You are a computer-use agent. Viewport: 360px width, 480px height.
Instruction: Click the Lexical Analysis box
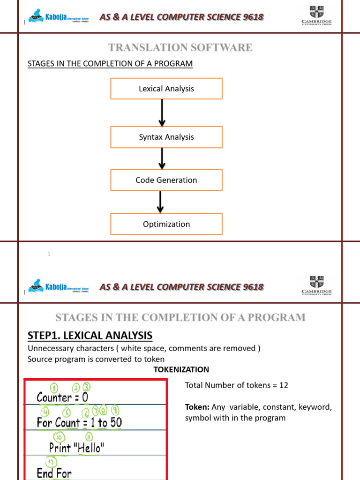(166, 89)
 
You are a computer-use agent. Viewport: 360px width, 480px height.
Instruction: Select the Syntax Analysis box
(166, 137)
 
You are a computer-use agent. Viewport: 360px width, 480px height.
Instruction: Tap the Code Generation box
(166, 180)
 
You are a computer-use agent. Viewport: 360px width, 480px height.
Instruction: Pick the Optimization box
(166, 224)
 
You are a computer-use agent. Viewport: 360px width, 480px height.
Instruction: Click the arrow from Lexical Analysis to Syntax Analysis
(162, 112)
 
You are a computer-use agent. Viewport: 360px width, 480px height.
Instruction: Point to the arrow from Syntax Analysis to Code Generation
(162, 158)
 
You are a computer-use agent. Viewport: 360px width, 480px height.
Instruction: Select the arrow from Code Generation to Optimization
(160, 202)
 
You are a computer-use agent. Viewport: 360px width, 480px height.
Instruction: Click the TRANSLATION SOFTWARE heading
(180, 47)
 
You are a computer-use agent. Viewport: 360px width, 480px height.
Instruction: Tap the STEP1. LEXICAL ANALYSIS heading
(90, 336)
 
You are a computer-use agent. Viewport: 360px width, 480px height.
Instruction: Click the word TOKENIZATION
(181, 370)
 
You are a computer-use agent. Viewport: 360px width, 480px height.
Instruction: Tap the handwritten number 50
(116, 423)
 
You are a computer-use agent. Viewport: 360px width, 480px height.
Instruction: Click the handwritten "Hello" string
(90, 448)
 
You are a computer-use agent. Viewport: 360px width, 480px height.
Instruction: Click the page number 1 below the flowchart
(49, 254)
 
